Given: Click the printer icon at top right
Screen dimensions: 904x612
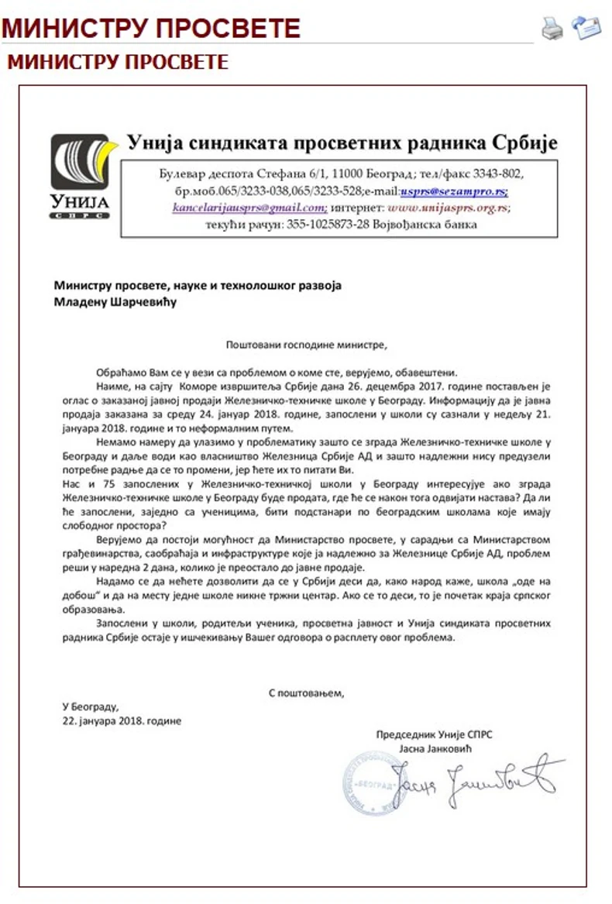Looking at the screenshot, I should [552, 29].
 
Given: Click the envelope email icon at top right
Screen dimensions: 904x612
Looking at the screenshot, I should [586, 27].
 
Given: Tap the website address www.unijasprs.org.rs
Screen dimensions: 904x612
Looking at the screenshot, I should [449, 208].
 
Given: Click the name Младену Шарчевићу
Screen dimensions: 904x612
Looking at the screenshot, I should [115, 301].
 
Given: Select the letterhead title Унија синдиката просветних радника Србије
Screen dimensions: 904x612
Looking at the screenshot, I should [342, 143].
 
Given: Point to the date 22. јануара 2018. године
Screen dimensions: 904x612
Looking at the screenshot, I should [122, 720].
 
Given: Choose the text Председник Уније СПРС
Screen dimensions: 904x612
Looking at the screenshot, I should [434, 734].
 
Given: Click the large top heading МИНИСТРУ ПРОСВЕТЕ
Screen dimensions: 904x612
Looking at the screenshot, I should [151, 29].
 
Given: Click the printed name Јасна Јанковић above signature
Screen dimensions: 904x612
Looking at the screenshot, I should [435, 749].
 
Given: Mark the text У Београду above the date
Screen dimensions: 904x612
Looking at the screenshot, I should [90, 706].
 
